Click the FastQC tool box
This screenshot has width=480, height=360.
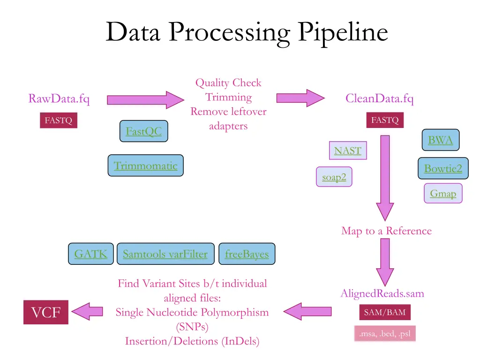tap(143, 131)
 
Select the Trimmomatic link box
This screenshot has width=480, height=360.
tap(145, 165)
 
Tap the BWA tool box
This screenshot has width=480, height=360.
tap(440, 140)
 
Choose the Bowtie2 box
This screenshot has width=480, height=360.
tap(442, 168)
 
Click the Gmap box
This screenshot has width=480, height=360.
tap(443, 193)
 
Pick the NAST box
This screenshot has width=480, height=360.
tap(347, 150)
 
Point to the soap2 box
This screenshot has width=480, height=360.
tap(334, 177)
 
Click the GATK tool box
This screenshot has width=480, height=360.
tap(90, 254)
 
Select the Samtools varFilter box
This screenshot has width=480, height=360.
tap(165, 254)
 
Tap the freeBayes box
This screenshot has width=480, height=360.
tap(247, 254)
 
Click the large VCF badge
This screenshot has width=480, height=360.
tap(46, 312)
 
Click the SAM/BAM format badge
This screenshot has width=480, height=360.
tap(385, 312)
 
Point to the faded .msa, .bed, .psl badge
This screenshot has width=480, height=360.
tap(385, 334)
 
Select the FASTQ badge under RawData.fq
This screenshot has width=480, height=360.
tap(58, 120)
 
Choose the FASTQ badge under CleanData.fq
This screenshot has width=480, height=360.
tap(384, 120)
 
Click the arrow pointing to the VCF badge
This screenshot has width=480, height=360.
tap(87, 311)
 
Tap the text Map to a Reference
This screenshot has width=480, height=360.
tap(386, 231)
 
